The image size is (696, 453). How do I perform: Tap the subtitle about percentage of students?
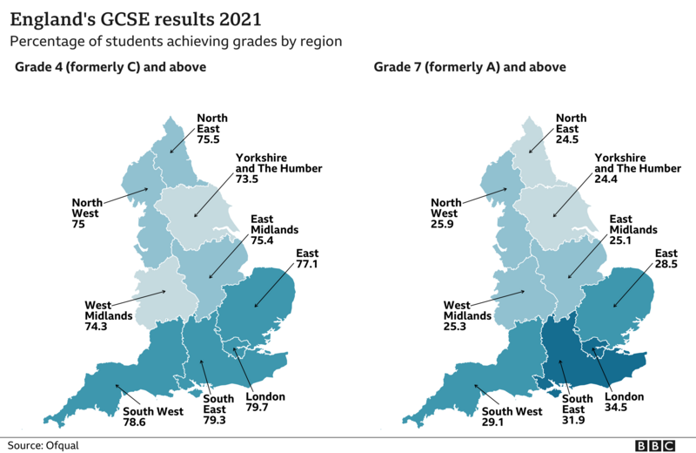(x=175, y=41)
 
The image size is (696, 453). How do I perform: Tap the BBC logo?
(x=655, y=444)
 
